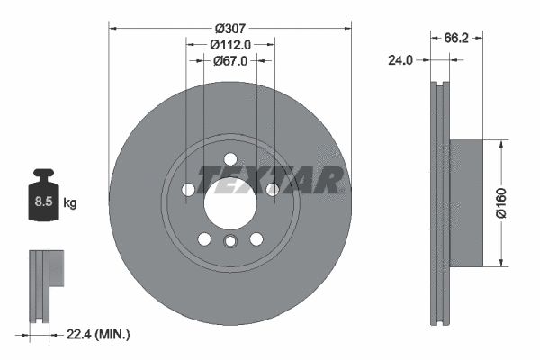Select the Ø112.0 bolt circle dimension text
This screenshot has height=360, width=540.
[x=229, y=43]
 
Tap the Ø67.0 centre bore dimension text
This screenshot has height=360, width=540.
[x=230, y=60]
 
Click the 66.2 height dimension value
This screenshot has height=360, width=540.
[x=458, y=38]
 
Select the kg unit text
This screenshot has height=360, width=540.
[x=70, y=203]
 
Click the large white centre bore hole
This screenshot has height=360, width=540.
[x=229, y=205]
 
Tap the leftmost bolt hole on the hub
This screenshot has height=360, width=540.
[x=187, y=190]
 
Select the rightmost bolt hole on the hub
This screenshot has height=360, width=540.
[x=272, y=190]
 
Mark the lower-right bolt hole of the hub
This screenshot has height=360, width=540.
[x=256, y=239]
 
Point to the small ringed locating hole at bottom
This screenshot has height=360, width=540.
[x=229, y=241]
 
